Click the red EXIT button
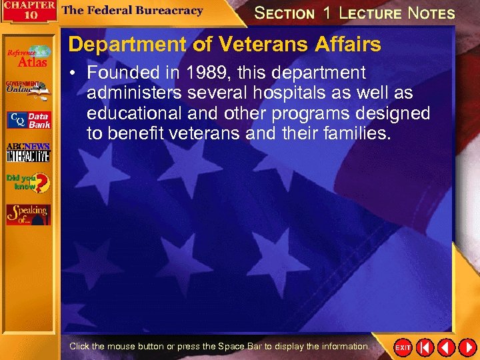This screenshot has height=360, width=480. (403, 347)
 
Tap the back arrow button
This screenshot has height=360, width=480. (446, 347)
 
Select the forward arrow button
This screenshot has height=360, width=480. (467, 347)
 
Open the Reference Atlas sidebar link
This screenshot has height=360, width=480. (29, 56)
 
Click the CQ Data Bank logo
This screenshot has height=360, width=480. (28, 120)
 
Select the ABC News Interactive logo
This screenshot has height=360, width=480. (28, 152)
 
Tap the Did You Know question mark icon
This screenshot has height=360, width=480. (28, 183)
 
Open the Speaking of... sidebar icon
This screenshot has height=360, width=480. (28, 214)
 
